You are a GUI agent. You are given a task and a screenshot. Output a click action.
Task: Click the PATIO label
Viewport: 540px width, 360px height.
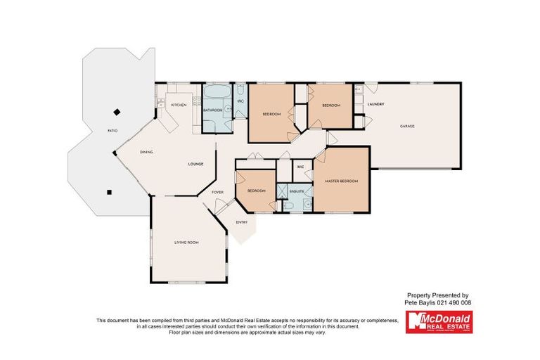tap(112, 131)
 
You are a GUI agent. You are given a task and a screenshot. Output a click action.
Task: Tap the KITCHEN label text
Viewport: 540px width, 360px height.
tap(179, 105)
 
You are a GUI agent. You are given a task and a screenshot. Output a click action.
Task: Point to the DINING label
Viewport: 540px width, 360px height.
tap(146, 152)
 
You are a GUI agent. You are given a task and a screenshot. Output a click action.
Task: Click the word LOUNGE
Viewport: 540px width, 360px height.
tap(195, 165)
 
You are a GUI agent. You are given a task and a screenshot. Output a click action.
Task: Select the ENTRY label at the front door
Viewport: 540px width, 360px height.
tap(242, 222)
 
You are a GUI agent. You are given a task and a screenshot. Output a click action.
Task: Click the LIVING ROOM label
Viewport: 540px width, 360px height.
tap(187, 243)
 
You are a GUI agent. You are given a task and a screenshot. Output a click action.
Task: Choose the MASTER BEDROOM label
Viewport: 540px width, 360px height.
tap(342, 181)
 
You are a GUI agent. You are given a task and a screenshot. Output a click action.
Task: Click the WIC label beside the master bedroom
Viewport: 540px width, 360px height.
tap(300, 167)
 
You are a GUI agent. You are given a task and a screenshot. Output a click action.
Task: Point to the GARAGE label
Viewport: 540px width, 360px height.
tap(407, 127)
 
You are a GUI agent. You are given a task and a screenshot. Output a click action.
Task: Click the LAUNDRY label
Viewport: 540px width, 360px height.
tap(375, 105)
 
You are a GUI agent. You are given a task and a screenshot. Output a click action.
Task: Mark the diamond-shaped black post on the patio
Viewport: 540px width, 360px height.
tap(117, 111)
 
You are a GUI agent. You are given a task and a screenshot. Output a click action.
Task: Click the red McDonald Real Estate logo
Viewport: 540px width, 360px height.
tap(439, 322)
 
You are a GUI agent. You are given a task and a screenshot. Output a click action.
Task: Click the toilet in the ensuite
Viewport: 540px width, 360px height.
tap(288, 206)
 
